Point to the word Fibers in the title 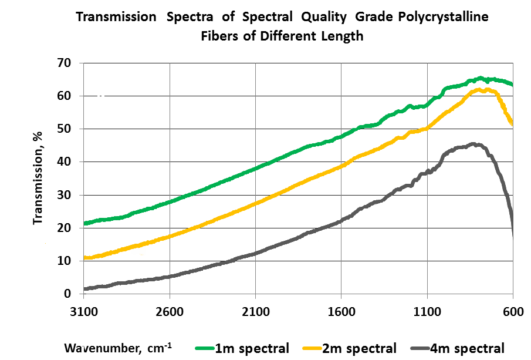tap(219, 36)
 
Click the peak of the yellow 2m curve tap(480, 89)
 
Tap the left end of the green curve tap(84, 223)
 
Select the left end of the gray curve tap(84, 288)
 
